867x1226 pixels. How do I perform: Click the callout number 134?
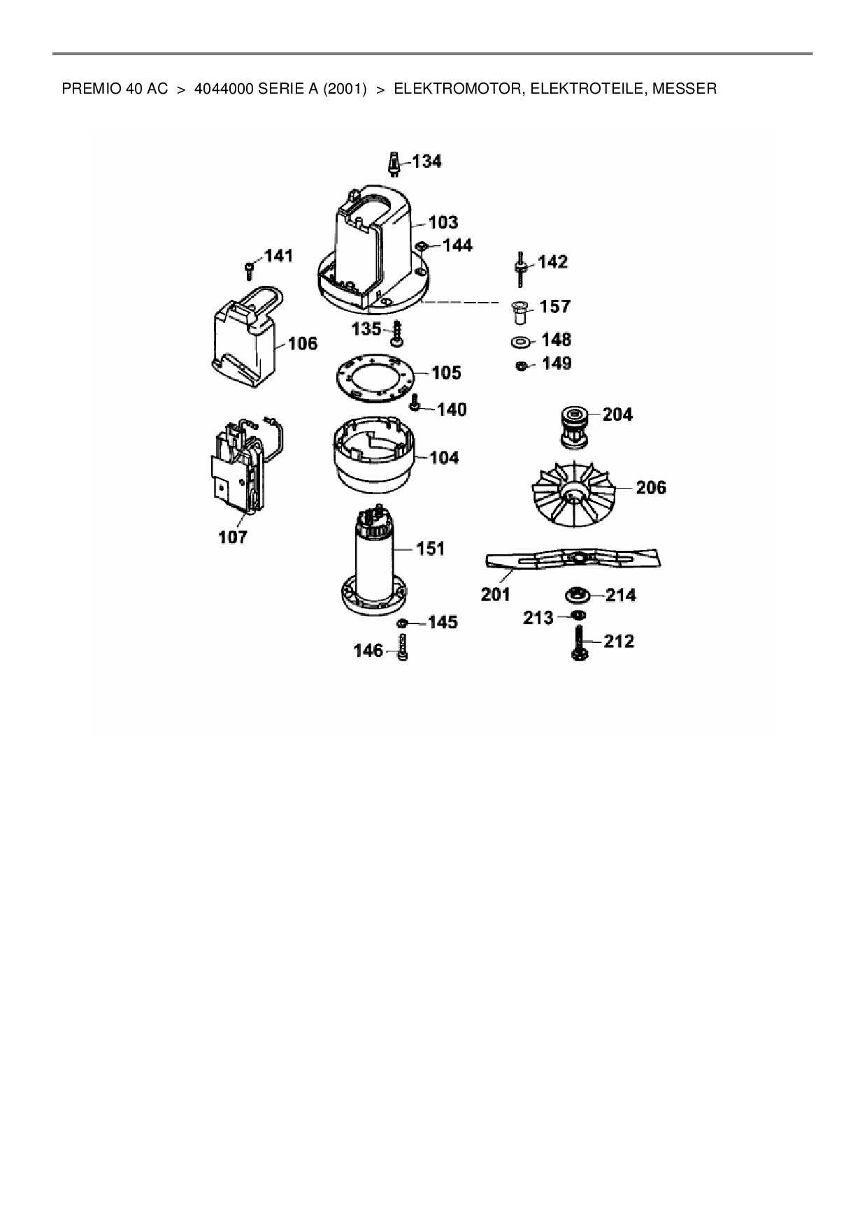(427, 161)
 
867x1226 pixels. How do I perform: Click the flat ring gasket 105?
(375, 379)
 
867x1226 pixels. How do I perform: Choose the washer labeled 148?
(520, 342)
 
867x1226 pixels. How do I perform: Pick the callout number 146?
(368, 651)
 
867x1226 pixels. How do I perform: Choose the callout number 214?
(621, 595)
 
